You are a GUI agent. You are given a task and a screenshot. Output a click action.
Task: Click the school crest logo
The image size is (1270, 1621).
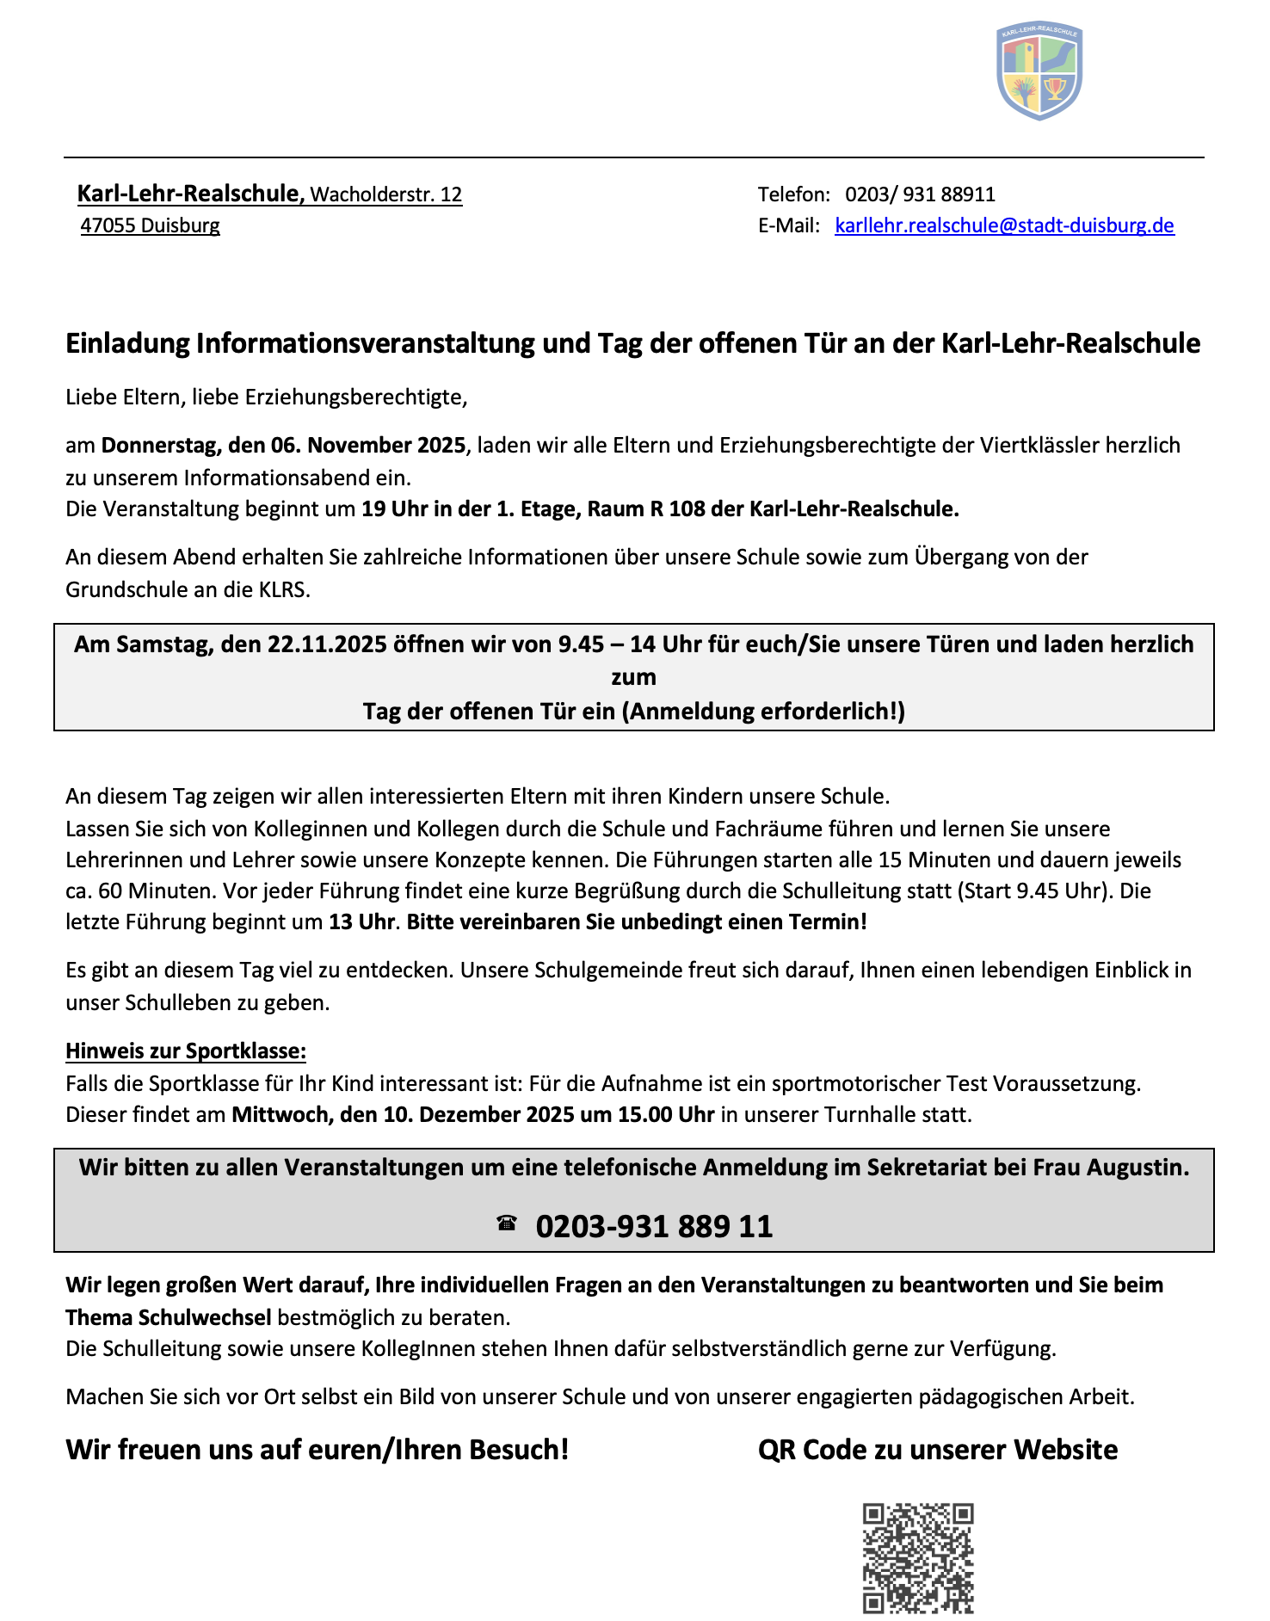[1039, 71]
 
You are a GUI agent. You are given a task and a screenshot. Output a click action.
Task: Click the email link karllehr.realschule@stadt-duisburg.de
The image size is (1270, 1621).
[1004, 225]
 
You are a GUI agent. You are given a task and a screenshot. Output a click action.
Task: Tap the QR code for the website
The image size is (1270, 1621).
[918, 1557]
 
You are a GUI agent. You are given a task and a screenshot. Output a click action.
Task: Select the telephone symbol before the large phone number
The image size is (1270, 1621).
[507, 1223]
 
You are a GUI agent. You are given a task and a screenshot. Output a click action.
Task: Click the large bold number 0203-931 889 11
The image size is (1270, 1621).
[654, 1225]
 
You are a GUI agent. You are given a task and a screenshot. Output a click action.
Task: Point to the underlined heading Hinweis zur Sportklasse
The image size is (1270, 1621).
[186, 1051]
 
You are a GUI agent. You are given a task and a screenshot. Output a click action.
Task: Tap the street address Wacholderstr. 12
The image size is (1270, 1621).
[386, 194]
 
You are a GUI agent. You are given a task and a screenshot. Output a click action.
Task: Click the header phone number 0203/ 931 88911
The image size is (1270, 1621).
[920, 194]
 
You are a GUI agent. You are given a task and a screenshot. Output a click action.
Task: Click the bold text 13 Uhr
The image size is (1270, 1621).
[362, 922]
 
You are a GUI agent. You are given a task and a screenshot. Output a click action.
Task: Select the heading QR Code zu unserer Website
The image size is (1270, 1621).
[938, 1450]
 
